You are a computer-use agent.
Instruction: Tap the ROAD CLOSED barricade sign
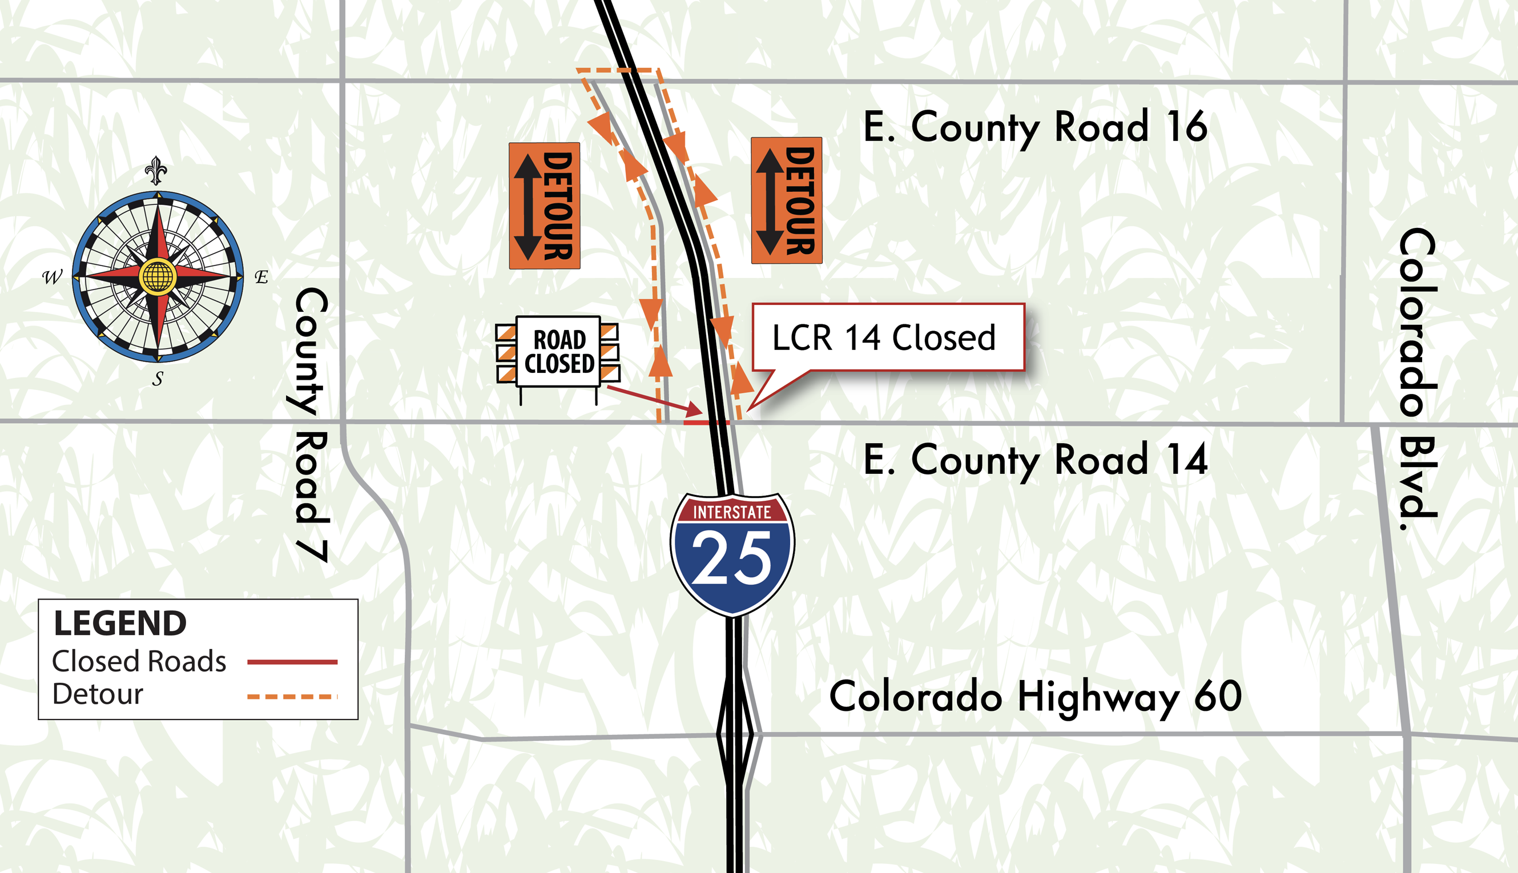click(x=558, y=352)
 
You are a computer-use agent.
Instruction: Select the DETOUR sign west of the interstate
click(x=545, y=206)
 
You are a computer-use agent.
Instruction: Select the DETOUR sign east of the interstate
click(x=786, y=200)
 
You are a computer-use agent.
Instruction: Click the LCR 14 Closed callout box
click(x=888, y=337)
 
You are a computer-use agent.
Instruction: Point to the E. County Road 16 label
click(x=1035, y=127)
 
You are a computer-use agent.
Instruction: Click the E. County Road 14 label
click(x=1035, y=460)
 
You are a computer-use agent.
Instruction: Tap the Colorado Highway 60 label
click(x=1035, y=696)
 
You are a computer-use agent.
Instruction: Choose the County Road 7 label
click(x=312, y=424)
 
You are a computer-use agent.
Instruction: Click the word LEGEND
click(x=120, y=623)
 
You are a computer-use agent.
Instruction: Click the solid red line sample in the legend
click(x=292, y=662)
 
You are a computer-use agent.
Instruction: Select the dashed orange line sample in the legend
click(x=292, y=697)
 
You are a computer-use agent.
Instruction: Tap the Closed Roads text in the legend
click(x=139, y=661)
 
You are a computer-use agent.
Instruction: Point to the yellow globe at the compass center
click(x=157, y=276)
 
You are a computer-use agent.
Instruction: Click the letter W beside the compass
click(x=52, y=277)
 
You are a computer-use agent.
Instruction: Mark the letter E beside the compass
click(x=261, y=277)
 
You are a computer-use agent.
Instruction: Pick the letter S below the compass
click(x=158, y=379)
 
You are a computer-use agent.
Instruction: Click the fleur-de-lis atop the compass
click(x=156, y=170)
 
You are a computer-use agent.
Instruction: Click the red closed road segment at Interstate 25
click(x=706, y=423)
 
